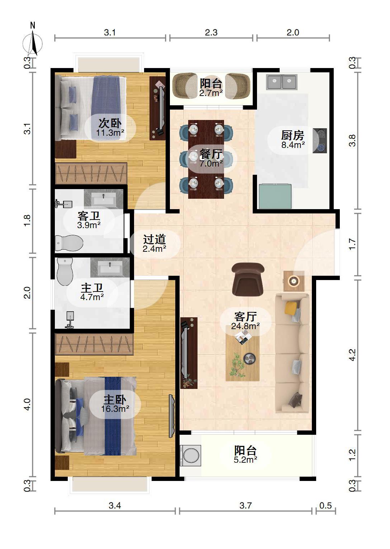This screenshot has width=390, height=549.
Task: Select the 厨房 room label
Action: point(292,135)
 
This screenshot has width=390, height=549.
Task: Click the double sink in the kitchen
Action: point(282,82)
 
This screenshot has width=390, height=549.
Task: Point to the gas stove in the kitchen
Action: point(320,141)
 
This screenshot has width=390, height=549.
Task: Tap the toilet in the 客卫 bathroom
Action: point(69,243)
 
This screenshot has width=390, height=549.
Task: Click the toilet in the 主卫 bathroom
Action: point(65,271)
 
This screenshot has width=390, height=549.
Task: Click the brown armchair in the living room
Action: point(248,279)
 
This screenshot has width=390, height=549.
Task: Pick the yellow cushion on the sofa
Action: point(291,308)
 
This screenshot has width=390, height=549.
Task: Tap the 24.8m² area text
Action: point(246,326)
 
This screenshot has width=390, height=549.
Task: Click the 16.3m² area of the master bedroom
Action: point(115,409)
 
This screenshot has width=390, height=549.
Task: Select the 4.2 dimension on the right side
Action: point(352,355)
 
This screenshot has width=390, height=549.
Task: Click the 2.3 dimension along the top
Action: point(211,32)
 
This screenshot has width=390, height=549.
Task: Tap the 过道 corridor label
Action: point(154,239)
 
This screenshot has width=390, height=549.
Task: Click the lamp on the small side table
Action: point(294,280)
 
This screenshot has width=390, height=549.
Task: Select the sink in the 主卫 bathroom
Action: point(110,268)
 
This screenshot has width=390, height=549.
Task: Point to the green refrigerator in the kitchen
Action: point(275,196)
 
